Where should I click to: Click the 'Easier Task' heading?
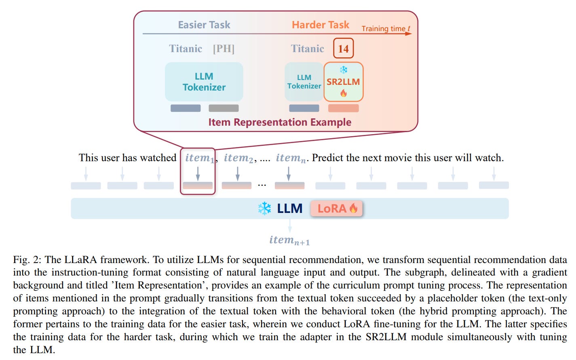[x=204, y=25]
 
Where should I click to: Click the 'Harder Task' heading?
[x=320, y=25]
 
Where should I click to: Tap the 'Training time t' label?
[x=385, y=28]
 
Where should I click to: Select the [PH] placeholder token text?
[x=224, y=48]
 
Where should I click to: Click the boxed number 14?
[x=343, y=48]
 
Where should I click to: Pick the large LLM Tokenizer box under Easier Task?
[x=204, y=82]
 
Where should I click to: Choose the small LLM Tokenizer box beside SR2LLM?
[x=304, y=82]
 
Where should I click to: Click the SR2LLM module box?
[x=343, y=82]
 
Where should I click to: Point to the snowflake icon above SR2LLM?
[x=343, y=70]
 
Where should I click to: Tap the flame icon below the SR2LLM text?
[x=343, y=93]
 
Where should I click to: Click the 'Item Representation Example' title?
[x=280, y=122]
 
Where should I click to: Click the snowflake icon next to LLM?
[x=264, y=208]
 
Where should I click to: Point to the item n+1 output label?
[x=289, y=240]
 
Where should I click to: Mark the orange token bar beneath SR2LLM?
[x=343, y=108]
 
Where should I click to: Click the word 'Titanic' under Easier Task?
[x=186, y=48]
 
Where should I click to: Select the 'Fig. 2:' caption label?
[x=27, y=259]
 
